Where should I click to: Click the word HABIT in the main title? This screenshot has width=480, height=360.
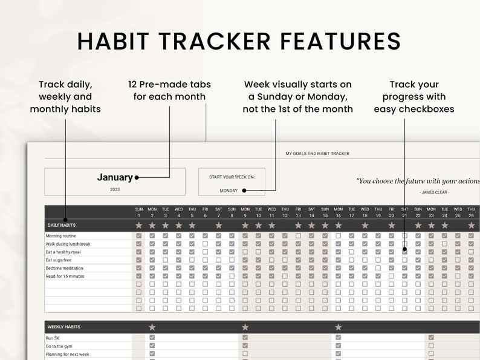pyautogui.click(x=116, y=41)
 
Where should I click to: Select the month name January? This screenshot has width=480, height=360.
pyautogui.click(x=114, y=177)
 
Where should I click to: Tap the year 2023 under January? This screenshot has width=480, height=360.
pyautogui.click(x=115, y=189)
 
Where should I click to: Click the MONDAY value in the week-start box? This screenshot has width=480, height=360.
pyautogui.click(x=229, y=190)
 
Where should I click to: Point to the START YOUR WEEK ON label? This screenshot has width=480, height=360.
pyautogui.click(x=232, y=177)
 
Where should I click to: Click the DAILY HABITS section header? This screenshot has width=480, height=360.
pyautogui.click(x=62, y=225)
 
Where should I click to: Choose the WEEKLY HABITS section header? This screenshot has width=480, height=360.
pyautogui.click(x=63, y=327)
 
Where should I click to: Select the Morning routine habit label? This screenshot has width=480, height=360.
pyautogui.click(x=61, y=236)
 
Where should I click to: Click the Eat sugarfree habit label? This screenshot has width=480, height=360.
pyautogui.click(x=57, y=260)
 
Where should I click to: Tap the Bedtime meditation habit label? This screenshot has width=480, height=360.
pyautogui.click(x=64, y=268)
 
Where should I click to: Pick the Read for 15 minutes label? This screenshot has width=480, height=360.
pyautogui.click(x=65, y=276)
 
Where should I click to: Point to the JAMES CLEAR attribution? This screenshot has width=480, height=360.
pyautogui.click(x=434, y=192)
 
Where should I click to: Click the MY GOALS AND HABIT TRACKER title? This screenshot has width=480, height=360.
pyautogui.click(x=317, y=154)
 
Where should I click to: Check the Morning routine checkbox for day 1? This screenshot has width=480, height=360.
pyautogui.click(x=139, y=236)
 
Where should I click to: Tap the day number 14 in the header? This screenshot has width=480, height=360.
pyautogui.click(x=311, y=215)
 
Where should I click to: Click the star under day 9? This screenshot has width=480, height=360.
pyautogui.click(x=245, y=225)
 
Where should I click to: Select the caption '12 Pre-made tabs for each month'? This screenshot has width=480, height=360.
pyautogui.click(x=169, y=90)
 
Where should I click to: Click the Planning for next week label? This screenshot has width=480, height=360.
pyautogui.click(x=67, y=354)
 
